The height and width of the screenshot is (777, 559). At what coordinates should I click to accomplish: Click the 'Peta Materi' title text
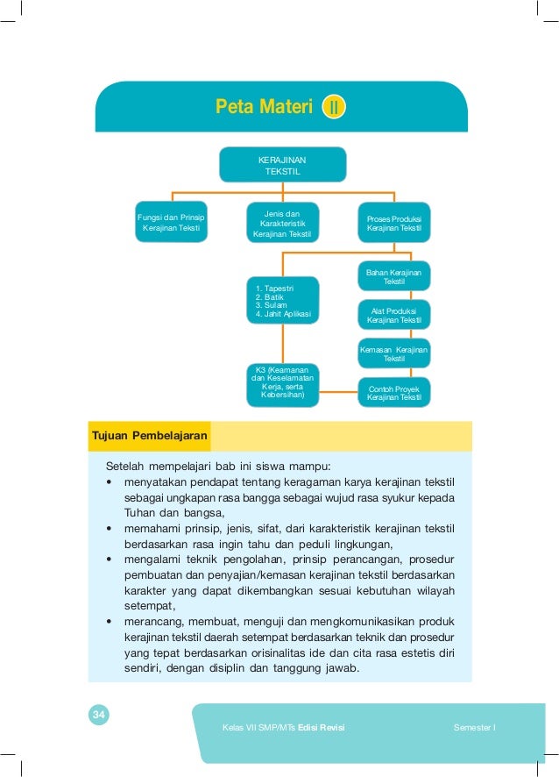pos(264,107)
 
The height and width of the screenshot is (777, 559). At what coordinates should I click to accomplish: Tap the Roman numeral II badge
pos(334,108)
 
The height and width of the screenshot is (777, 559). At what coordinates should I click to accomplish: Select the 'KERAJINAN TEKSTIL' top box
pos(282,165)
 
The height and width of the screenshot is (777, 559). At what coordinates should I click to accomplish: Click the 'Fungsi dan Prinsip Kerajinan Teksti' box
pos(171,222)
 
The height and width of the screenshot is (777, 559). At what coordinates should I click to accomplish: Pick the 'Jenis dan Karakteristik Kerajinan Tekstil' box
pos(281,223)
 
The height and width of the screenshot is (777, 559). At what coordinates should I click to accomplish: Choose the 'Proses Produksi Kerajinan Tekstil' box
pos(393,223)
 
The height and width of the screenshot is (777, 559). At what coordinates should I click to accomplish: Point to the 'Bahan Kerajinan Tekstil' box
pos(393,277)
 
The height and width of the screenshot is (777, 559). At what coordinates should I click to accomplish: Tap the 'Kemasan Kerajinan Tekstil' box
pos(393,353)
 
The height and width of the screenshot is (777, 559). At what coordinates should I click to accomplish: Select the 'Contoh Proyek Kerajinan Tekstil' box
pos(393,393)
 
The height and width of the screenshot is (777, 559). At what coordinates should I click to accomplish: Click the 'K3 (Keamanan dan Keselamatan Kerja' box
pos(282,384)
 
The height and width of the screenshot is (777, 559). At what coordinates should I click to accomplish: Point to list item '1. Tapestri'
pos(274,288)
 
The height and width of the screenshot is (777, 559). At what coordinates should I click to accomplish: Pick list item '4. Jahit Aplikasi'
pos(282,313)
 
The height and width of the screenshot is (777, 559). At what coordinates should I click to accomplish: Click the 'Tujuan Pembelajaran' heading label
pos(149,435)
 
